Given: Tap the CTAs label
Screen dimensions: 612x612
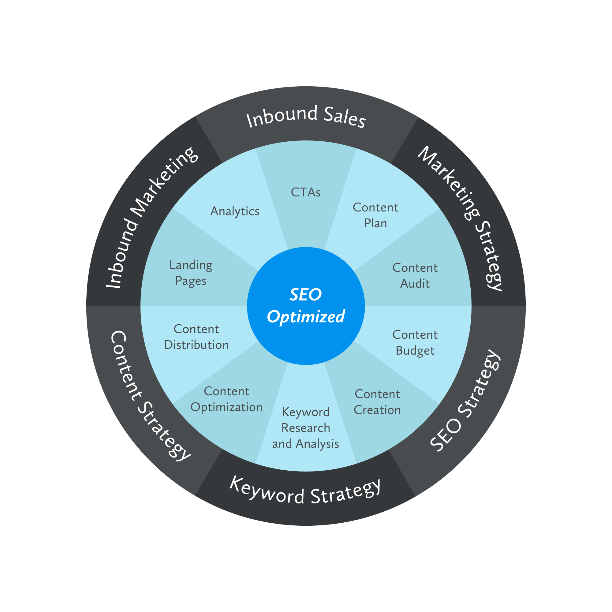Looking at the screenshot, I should (306, 192).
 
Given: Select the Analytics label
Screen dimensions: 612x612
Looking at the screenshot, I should (235, 211).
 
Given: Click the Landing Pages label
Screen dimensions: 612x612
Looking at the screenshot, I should (191, 273).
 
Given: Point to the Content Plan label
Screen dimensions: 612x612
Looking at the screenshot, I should (375, 215).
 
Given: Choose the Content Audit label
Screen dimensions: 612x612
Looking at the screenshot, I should (415, 276).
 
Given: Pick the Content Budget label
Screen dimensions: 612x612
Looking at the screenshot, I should (415, 343).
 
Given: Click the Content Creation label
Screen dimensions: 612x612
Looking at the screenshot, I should (377, 402).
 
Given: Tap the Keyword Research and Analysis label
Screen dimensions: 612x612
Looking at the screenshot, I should (306, 428).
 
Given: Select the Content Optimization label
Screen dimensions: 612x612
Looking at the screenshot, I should (226, 399).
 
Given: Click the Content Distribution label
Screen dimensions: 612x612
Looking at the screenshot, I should (196, 337).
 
